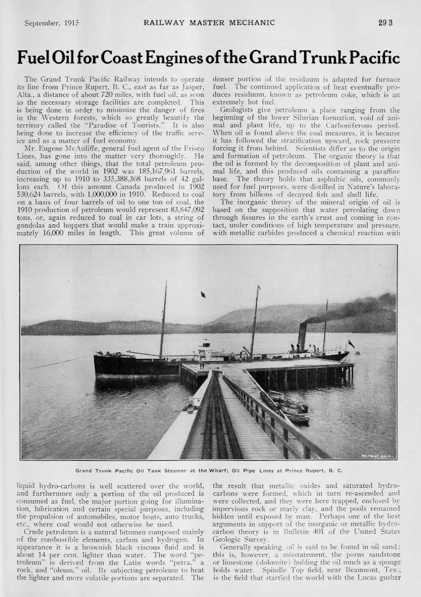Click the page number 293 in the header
[386, 23]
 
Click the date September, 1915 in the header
[52, 23]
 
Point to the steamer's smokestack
[302, 337]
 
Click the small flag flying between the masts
[203, 295]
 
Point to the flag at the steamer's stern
[351, 344]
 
